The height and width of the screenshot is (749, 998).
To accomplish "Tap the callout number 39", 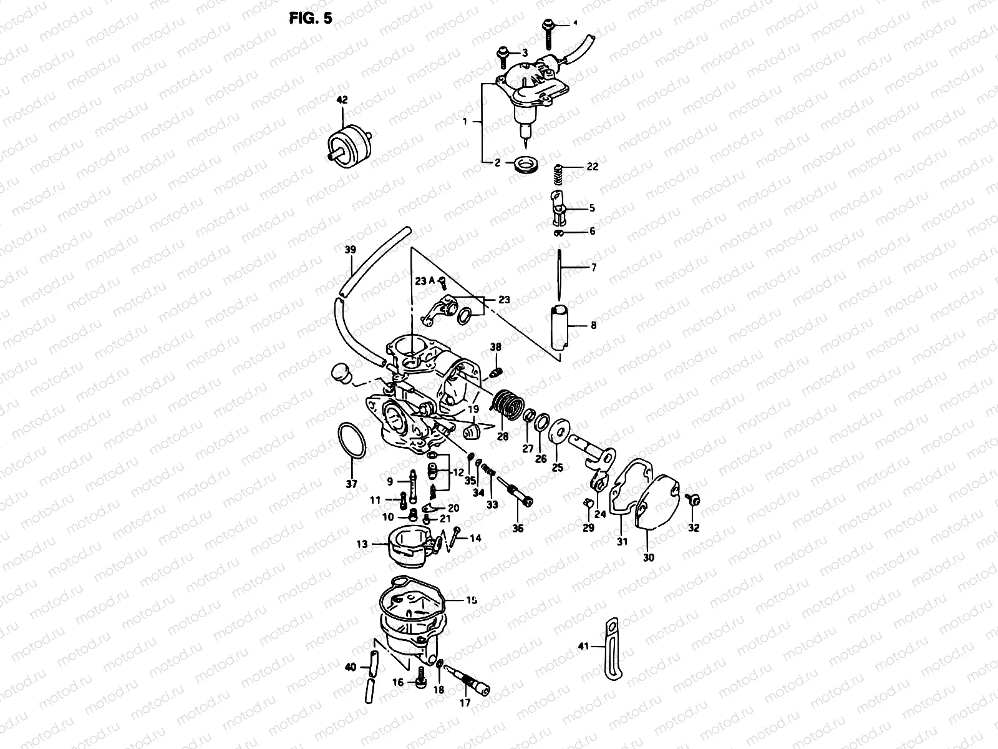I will coord(350,250).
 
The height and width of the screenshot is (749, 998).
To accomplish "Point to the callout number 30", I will coord(649,557).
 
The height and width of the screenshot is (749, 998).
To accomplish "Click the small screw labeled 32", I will coord(692,499).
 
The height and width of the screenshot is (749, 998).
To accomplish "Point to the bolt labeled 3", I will coord(503,56).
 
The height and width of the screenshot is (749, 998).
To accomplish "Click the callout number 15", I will coord(472,600).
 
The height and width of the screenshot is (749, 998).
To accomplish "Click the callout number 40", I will coord(351,667).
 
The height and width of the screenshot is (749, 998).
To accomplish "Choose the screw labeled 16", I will coord(421,678).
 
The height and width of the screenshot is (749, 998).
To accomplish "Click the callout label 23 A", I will coord(425,281).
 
